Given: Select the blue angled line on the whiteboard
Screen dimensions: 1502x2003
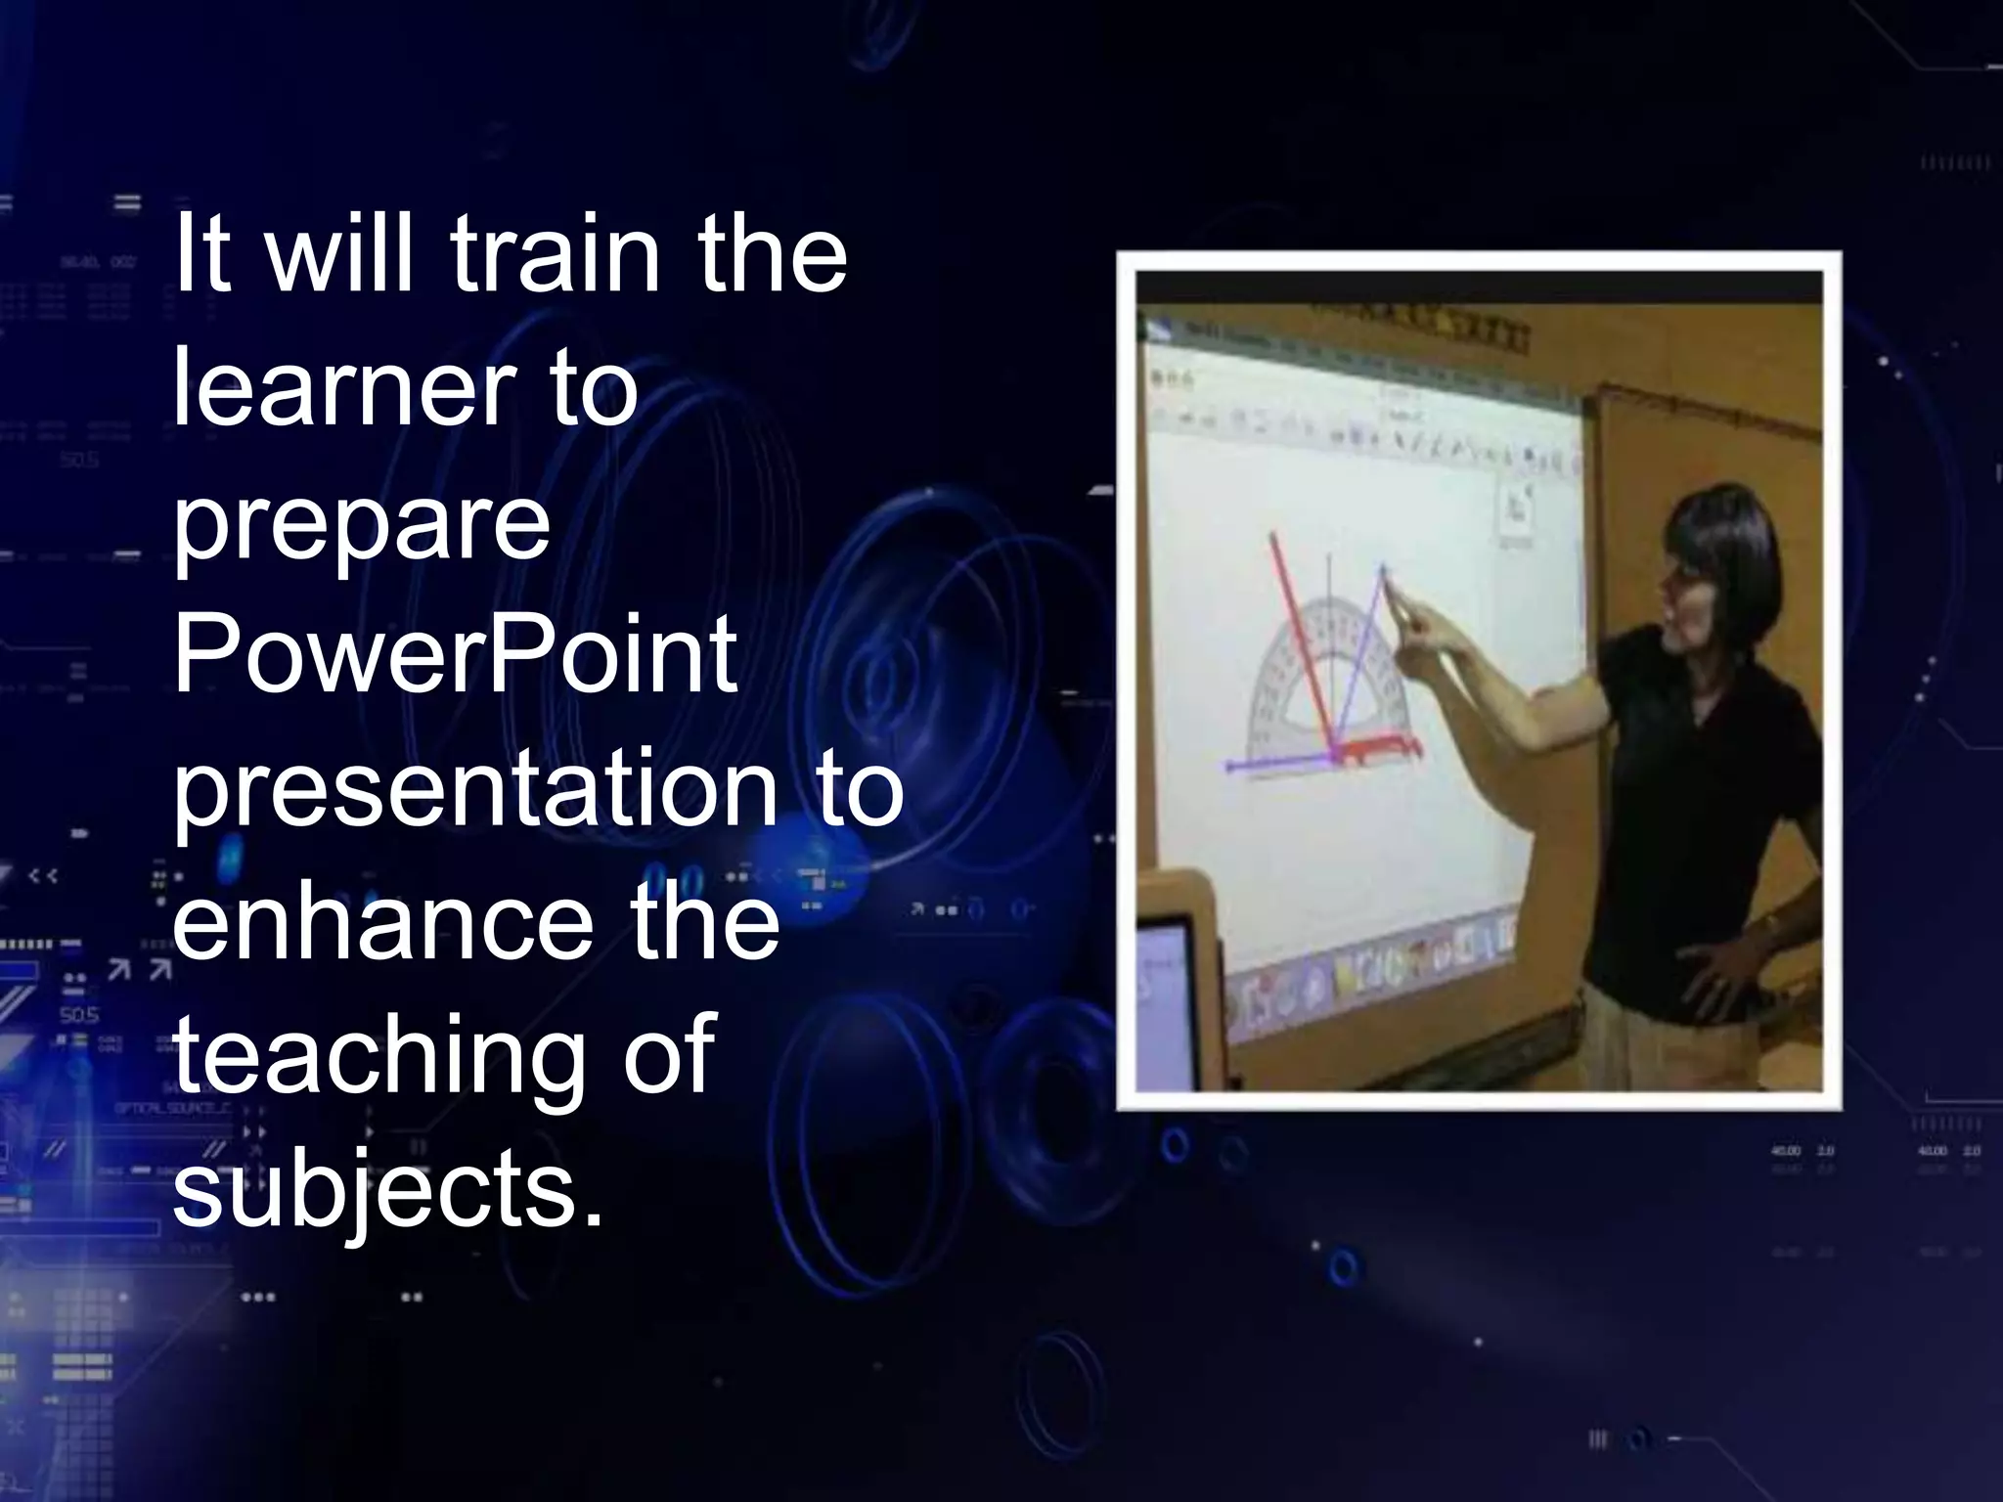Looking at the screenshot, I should click(x=1364, y=655).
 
